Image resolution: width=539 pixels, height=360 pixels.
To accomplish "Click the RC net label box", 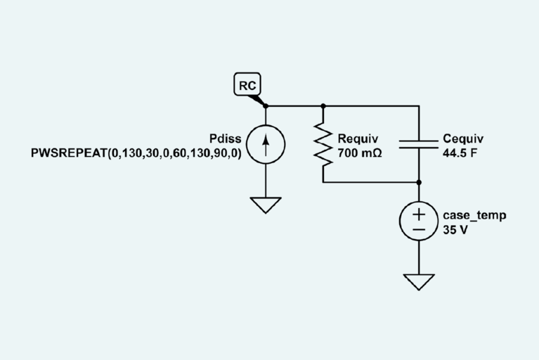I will [x=247, y=86].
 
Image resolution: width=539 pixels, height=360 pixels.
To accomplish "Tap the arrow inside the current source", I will [x=266, y=143].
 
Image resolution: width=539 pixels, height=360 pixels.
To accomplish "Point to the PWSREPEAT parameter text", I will [x=136, y=153].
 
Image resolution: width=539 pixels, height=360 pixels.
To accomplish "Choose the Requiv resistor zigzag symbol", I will [x=323, y=144].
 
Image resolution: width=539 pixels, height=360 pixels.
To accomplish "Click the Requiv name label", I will [x=358, y=139].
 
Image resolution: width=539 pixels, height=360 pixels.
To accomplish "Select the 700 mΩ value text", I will [x=359, y=153].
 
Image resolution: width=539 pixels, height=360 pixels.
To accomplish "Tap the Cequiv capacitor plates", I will [x=419, y=144].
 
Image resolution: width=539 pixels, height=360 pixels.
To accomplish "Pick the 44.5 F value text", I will [x=460, y=153].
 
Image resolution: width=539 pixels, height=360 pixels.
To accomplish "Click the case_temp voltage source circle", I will [x=419, y=221].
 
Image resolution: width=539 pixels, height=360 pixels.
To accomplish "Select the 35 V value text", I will [x=455, y=230].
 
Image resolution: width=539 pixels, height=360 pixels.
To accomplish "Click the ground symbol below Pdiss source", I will [x=266, y=205].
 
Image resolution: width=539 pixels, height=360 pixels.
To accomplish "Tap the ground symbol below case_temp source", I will [x=419, y=282].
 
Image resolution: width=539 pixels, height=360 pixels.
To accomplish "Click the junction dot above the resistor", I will [x=323, y=106].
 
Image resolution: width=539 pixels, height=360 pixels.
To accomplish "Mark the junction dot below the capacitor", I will [x=419, y=182].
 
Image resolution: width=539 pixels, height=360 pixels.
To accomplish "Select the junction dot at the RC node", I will [x=266, y=106].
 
